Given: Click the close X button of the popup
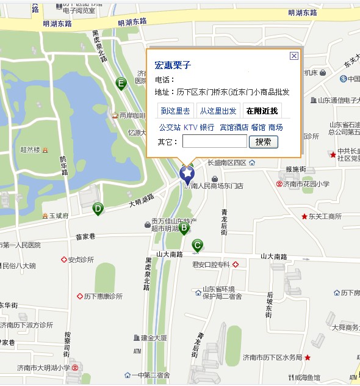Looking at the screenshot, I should coord(294,56).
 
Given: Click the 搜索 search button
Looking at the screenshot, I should coord(263,142).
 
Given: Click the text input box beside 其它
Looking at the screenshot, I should coord(214,142).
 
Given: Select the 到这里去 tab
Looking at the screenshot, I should coord(175,111).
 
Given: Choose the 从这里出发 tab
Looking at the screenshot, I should coord(218,111).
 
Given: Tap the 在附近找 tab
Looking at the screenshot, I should coord(262,111).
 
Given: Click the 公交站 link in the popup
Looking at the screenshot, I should coord(170,127).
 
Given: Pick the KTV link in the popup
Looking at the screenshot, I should coord(190,127).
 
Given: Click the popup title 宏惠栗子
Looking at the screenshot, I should coord(173,65).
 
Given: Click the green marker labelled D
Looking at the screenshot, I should coord(97,209).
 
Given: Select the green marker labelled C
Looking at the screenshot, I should coord(196,246).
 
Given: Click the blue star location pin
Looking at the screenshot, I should coord(187,175).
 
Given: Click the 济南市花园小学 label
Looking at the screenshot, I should coord(306,183).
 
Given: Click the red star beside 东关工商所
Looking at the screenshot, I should coord(304,216).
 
